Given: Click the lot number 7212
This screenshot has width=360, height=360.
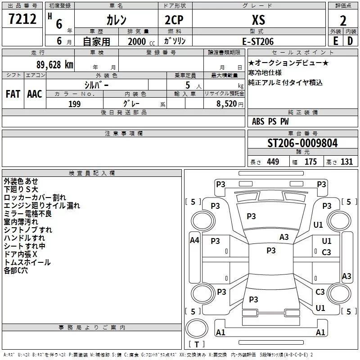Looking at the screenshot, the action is point(22,19).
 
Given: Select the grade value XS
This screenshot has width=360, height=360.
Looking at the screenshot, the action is point(258,20).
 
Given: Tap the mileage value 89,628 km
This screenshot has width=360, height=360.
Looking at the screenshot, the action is point(55,65).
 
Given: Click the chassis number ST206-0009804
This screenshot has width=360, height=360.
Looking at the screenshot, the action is point(302,143).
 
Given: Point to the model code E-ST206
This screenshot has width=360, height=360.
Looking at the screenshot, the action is point(258,41).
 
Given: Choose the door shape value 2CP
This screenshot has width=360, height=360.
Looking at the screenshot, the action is point(174,20).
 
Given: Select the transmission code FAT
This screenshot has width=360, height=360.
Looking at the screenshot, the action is point(13,94).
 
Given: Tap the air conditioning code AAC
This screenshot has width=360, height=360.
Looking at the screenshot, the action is point(35,94).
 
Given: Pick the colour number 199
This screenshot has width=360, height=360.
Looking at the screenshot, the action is point(75,104).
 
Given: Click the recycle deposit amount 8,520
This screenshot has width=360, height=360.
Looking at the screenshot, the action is point(227,103).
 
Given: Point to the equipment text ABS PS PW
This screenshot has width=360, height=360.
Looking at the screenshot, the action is point(270,121).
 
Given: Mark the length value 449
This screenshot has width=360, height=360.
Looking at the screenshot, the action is point(273,162).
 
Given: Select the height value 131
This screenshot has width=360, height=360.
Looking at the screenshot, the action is point(346,162).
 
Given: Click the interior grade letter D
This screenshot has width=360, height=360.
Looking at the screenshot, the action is point(350,41).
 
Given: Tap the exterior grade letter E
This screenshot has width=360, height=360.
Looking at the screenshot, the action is point(335,41).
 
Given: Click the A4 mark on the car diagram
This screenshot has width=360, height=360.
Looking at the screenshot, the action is point(194,240).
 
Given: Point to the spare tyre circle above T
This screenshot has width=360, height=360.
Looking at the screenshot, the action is point(197,328).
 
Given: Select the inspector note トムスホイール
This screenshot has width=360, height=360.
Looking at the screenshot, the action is point(27,262).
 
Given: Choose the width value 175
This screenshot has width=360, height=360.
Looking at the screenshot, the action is point(310,162).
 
